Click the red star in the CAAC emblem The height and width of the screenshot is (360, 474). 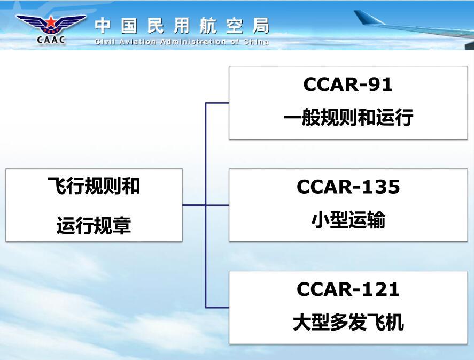pyautogui.click(x=51, y=22)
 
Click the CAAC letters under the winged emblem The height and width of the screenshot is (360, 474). pyautogui.click(x=51, y=40)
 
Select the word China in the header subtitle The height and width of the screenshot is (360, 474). pyautogui.click(x=257, y=42)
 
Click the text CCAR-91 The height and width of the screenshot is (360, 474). pyautogui.click(x=348, y=85)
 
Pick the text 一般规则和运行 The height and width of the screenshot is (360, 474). pyautogui.click(x=348, y=117)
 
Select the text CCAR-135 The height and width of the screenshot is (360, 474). pyautogui.click(x=348, y=187)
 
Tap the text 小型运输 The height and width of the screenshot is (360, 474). pyautogui.click(x=348, y=219)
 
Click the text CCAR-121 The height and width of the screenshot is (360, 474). pyautogui.click(x=348, y=289)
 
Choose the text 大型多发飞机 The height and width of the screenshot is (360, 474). pyautogui.click(x=348, y=322)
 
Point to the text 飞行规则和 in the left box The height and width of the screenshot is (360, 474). pyautogui.click(x=94, y=186)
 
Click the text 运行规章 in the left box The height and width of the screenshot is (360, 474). pyautogui.click(x=94, y=225)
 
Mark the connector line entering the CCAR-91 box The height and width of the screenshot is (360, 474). pyautogui.click(x=217, y=103)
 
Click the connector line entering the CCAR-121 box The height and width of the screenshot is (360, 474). pyautogui.click(x=217, y=308)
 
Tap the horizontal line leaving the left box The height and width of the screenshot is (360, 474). pyautogui.click(x=194, y=205)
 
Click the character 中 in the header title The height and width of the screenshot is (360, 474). pyautogui.click(x=103, y=26)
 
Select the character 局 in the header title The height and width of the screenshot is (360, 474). pyautogui.click(x=261, y=26)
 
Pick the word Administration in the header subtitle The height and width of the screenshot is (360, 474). pyautogui.click(x=193, y=42)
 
